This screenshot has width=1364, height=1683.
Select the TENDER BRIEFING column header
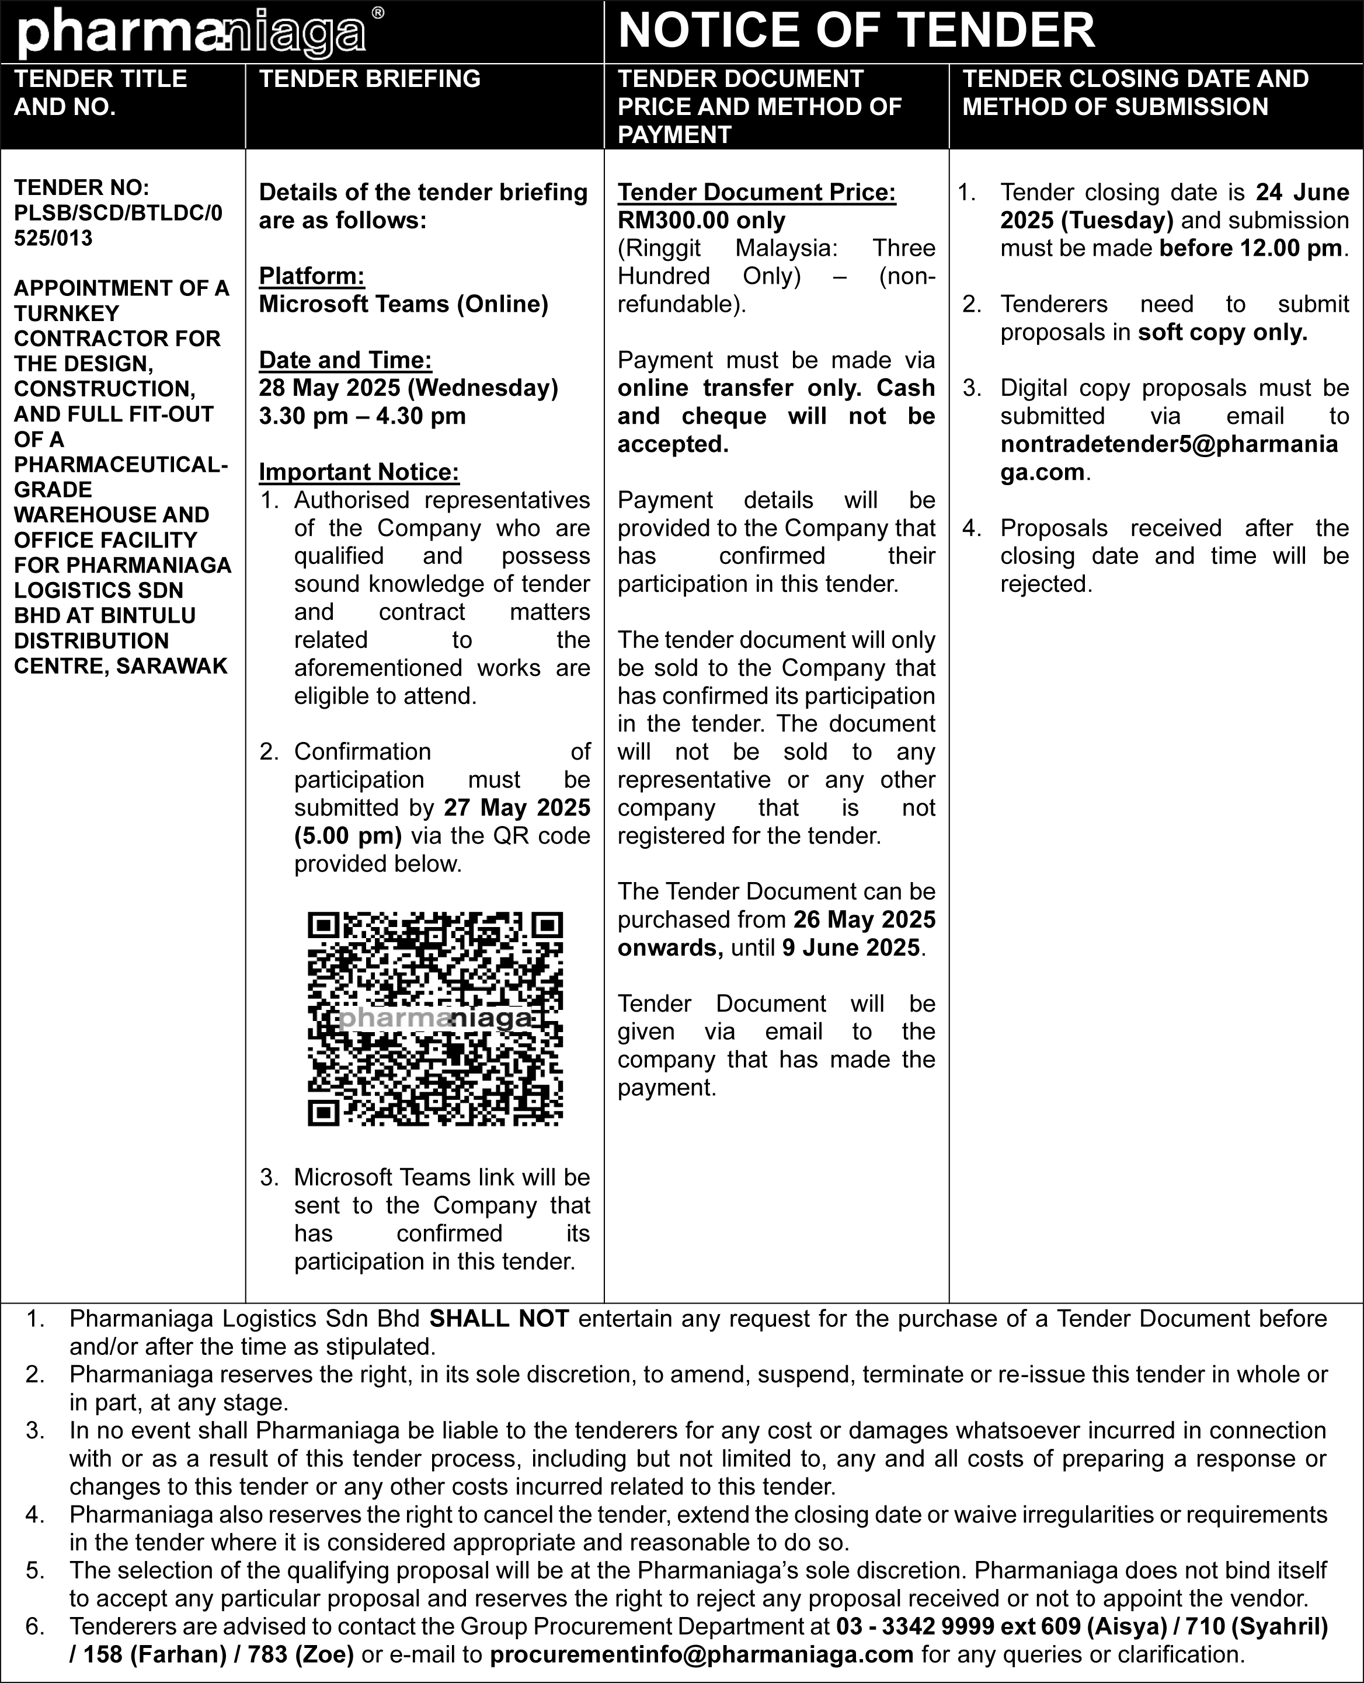click(x=369, y=79)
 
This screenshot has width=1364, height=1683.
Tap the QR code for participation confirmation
click(x=435, y=1019)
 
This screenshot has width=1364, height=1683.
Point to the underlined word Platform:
click(x=312, y=277)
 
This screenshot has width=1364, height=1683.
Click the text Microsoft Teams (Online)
click(x=403, y=304)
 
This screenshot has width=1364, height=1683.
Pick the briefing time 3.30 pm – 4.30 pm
click(x=362, y=416)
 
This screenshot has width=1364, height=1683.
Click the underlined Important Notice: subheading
click(x=359, y=472)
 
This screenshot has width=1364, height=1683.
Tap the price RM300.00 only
click(x=701, y=221)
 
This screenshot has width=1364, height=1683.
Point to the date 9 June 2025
click(x=850, y=948)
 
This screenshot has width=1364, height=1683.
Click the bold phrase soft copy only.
click(x=1223, y=333)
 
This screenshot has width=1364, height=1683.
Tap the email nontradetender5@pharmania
click(x=1168, y=444)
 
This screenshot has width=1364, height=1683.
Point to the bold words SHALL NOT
click(x=499, y=1319)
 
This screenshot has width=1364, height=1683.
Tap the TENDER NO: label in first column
click(x=82, y=188)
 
